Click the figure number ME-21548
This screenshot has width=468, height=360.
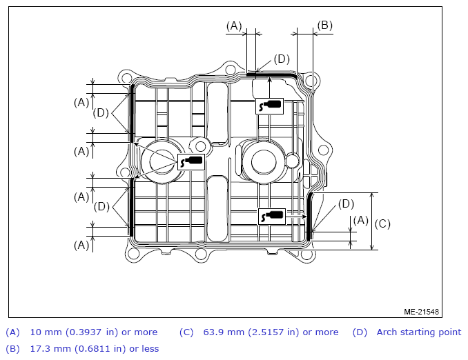click(x=421, y=312)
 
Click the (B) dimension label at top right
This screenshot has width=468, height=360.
click(x=324, y=26)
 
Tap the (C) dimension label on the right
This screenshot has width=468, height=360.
click(x=382, y=223)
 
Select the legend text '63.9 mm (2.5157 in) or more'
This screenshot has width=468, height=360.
click(x=271, y=332)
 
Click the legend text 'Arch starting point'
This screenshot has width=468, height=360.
click(x=419, y=332)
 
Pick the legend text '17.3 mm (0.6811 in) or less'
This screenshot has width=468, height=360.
click(x=95, y=348)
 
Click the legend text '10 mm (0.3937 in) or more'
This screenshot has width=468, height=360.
click(x=94, y=332)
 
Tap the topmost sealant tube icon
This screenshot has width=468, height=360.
click(x=269, y=106)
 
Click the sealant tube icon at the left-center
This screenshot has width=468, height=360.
click(x=191, y=162)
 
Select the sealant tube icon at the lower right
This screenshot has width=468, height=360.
click(x=272, y=217)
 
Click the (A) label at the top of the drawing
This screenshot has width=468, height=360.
click(x=234, y=26)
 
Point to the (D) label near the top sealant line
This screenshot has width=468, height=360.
click(x=282, y=59)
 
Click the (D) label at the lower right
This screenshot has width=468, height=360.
click(x=346, y=204)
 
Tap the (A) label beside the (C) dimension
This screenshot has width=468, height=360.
click(x=360, y=221)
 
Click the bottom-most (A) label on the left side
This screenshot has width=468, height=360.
click(x=81, y=245)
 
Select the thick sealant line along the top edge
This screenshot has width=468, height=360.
click(x=271, y=74)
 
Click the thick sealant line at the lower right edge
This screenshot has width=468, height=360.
click(x=309, y=217)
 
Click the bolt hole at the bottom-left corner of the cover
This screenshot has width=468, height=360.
click(x=133, y=254)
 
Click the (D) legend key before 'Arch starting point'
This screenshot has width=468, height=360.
click(x=360, y=332)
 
